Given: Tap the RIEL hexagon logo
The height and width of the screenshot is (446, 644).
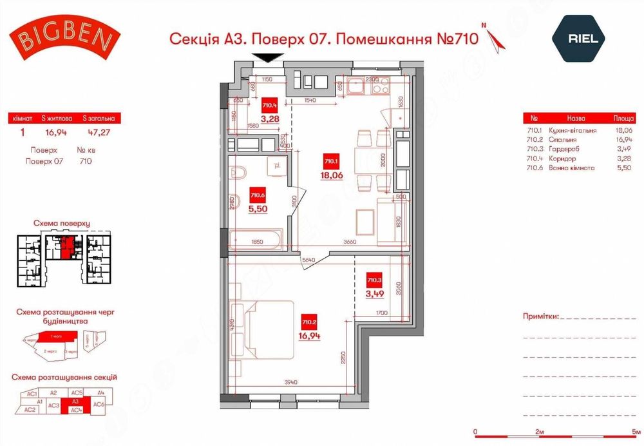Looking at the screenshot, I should click(583, 38).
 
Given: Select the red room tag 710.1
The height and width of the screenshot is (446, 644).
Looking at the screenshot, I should click(331, 162).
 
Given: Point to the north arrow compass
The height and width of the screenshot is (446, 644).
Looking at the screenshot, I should click(496, 38).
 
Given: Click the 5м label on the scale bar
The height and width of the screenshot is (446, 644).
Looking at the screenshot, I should click(636, 431).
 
